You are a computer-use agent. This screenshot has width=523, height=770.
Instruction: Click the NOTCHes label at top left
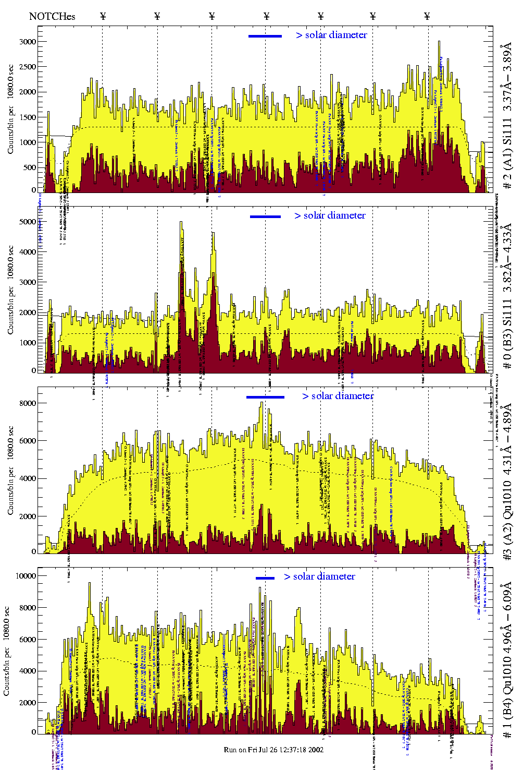52,16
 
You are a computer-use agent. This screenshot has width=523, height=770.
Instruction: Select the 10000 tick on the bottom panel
26,576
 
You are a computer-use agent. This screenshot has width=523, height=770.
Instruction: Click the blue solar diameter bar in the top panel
265,36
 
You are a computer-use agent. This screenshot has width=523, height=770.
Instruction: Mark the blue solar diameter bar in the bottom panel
265,578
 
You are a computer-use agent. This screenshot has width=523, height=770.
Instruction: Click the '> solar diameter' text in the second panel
330,215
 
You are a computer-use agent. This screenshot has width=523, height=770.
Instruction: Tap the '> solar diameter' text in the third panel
338,396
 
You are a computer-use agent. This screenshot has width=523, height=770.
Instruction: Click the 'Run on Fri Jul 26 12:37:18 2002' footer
273,750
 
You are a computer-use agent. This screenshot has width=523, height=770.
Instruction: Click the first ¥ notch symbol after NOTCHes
103,16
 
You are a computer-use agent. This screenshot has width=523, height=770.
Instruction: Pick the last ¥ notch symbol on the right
427,16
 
